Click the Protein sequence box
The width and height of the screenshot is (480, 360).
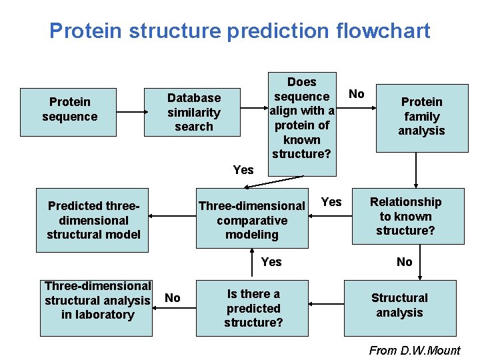point(69,109)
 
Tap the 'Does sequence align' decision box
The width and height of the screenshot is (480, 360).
point(301,117)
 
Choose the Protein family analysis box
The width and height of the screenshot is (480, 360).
point(421,116)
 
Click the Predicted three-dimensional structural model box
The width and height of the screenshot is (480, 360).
point(93,221)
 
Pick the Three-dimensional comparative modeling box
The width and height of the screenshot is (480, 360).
point(252,220)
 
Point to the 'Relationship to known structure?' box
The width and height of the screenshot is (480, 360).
point(405,216)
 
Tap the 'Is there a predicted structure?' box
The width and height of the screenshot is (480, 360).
point(253,308)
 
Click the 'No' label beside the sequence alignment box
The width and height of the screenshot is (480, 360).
point(357,94)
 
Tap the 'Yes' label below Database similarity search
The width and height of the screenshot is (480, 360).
point(243,170)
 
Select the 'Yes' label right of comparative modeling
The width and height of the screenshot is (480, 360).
point(331,202)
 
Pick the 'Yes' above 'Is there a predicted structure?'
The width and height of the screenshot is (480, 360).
point(271,262)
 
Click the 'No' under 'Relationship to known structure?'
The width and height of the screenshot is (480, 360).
point(405,262)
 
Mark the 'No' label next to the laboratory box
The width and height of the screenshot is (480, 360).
point(172,298)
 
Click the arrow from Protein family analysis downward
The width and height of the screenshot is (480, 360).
point(416,171)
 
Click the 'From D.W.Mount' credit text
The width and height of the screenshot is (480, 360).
point(415,351)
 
